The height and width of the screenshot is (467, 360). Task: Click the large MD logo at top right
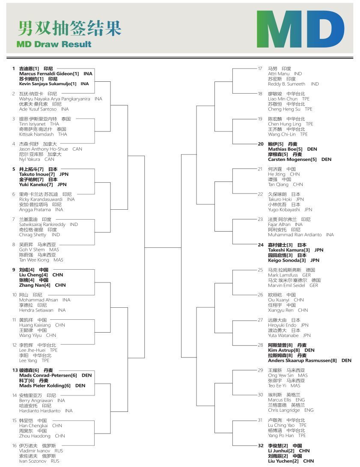coord(300,29)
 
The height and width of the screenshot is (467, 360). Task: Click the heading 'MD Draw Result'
coord(54,44)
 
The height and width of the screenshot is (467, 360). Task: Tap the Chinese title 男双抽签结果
coord(69,28)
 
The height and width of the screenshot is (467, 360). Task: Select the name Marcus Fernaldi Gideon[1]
coord(49,74)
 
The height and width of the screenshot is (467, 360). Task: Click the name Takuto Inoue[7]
coord(37,175)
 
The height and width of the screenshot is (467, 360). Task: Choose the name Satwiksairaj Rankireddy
coord(42,225)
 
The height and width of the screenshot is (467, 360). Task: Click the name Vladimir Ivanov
coord(35,451)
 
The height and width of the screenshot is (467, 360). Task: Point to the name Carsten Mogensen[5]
coord(292,160)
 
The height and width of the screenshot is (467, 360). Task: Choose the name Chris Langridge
coord(285,410)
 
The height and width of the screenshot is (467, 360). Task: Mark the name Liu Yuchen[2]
coord(285,461)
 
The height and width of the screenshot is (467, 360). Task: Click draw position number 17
coord(260,68)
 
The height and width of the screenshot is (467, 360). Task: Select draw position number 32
coord(261,446)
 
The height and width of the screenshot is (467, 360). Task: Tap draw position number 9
coord(14,270)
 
